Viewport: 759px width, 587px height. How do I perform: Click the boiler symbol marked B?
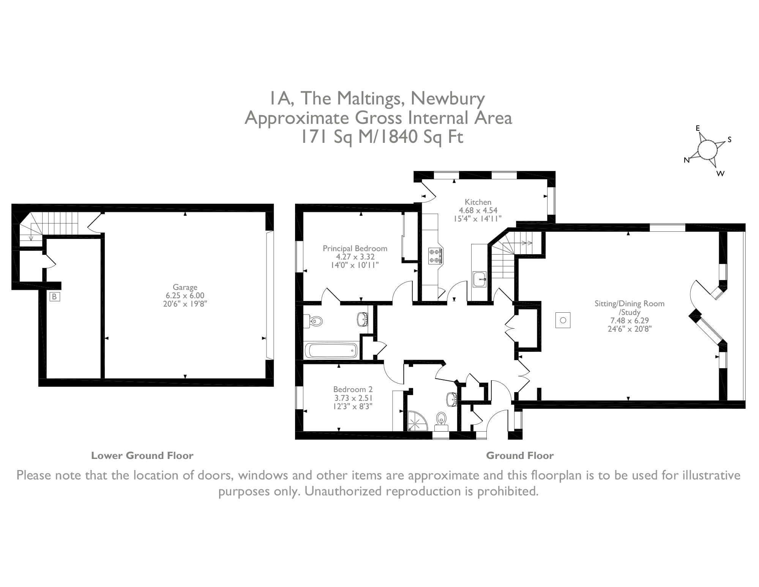[54, 297]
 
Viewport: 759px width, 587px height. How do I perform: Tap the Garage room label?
[185, 287]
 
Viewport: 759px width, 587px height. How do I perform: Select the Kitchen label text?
[478, 202]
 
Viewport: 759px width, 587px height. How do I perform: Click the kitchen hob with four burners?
[435, 256]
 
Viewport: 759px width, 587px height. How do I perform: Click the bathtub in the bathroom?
[331, 350]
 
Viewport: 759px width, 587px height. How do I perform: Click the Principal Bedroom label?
[355, 248]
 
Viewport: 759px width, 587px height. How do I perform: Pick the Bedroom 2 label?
[353, 389]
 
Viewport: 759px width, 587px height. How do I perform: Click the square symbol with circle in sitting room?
[563, 320]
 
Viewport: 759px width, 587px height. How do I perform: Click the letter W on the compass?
[720, 174]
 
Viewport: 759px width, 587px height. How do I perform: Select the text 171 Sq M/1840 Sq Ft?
[382, 137]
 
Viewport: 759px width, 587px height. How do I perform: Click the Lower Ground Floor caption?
[142, 456]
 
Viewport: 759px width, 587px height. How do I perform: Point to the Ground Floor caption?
[519, 456]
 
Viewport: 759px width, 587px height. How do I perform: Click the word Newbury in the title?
[448, 98]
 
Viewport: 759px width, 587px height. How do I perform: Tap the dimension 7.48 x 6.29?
[630, 320]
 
